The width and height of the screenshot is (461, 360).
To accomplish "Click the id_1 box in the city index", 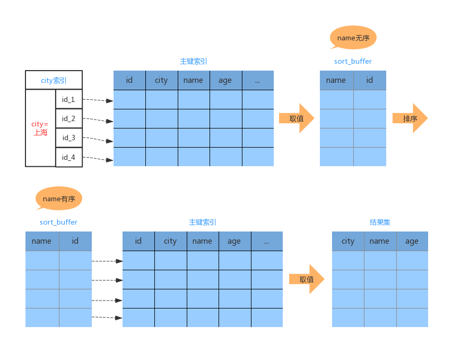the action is click(x=69, y=99).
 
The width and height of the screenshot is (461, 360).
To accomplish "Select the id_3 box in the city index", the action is click(x=69, y=138).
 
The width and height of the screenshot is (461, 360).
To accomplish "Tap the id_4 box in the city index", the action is click(x=69, y=157).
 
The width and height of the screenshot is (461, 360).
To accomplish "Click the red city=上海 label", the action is click(x=40, y=128).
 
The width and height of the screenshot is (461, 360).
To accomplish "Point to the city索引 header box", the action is click(x=54, y=80).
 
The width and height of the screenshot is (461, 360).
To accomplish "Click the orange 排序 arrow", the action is click(x=410, y=118).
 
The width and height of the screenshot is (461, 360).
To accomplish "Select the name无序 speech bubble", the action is click(x=353, y=38).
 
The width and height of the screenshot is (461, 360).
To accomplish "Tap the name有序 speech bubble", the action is click(x=59, y=199).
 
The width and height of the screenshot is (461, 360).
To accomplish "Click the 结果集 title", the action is click(x=380, y=222).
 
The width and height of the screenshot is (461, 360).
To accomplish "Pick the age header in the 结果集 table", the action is click(x=412, y=241).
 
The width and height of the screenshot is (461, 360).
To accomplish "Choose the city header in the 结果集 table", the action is click(x=348, y=241).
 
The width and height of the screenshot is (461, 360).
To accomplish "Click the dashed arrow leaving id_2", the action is click(x=98, y=120).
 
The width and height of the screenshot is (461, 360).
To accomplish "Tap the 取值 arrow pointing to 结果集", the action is click(x=307, y=279).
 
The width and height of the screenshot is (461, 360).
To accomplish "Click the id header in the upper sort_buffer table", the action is click(x=370, y=80).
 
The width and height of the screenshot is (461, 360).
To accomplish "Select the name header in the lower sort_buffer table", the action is click(x=42, y=241).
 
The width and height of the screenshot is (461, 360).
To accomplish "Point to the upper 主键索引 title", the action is click(x=194, y=61).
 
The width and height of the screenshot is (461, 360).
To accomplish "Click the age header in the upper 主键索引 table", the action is click(x=226, y=80).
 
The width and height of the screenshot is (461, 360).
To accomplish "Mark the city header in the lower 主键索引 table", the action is click(x=171, y=241).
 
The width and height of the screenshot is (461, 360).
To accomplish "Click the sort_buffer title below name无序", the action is click(x=353, y=61).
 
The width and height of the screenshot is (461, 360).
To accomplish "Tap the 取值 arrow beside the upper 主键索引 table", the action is click(x=297, y=118).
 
